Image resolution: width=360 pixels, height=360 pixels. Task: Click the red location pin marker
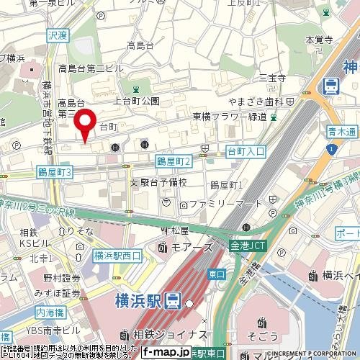(87, 124)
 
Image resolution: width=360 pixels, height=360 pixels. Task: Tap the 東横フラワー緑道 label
(229, 117)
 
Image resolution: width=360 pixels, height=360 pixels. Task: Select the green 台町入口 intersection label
(246, 152)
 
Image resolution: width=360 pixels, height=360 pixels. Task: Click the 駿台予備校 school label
(163, 184)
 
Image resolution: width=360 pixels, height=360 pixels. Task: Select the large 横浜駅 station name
(136, 300)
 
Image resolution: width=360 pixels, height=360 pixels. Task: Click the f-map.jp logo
(166, 352)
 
